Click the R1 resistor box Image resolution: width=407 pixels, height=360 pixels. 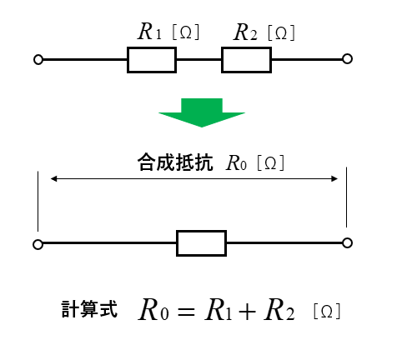point(152,47)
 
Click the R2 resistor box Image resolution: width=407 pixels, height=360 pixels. point(246,47)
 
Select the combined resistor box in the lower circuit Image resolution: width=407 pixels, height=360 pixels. point(201,231)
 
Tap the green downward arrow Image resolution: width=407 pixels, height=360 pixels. point(202,112)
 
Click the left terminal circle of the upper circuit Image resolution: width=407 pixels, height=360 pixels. point(38,55)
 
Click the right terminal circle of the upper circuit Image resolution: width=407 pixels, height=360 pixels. point(347,54)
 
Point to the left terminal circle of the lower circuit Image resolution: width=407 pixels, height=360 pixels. point(38,240)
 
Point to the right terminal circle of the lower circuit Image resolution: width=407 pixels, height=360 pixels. point(347,238)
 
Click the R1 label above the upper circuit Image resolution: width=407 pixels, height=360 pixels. point(149,32)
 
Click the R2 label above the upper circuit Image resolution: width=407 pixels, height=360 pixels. point(245,32)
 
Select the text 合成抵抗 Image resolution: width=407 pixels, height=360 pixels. point(175,162)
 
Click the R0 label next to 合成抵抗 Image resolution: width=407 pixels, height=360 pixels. point(236,162)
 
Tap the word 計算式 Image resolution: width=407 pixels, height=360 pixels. point(89,309)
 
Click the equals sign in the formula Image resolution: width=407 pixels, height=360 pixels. point(186,312)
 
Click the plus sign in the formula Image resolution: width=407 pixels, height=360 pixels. point(247,312)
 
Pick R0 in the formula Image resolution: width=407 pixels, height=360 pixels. point(153,310)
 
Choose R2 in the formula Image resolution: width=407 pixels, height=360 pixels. point(279,310)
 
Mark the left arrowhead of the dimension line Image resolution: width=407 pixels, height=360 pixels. point(53,178)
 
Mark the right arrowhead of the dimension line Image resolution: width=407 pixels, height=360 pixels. point(334,178)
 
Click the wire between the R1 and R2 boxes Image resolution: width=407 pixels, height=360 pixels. point(199,59)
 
